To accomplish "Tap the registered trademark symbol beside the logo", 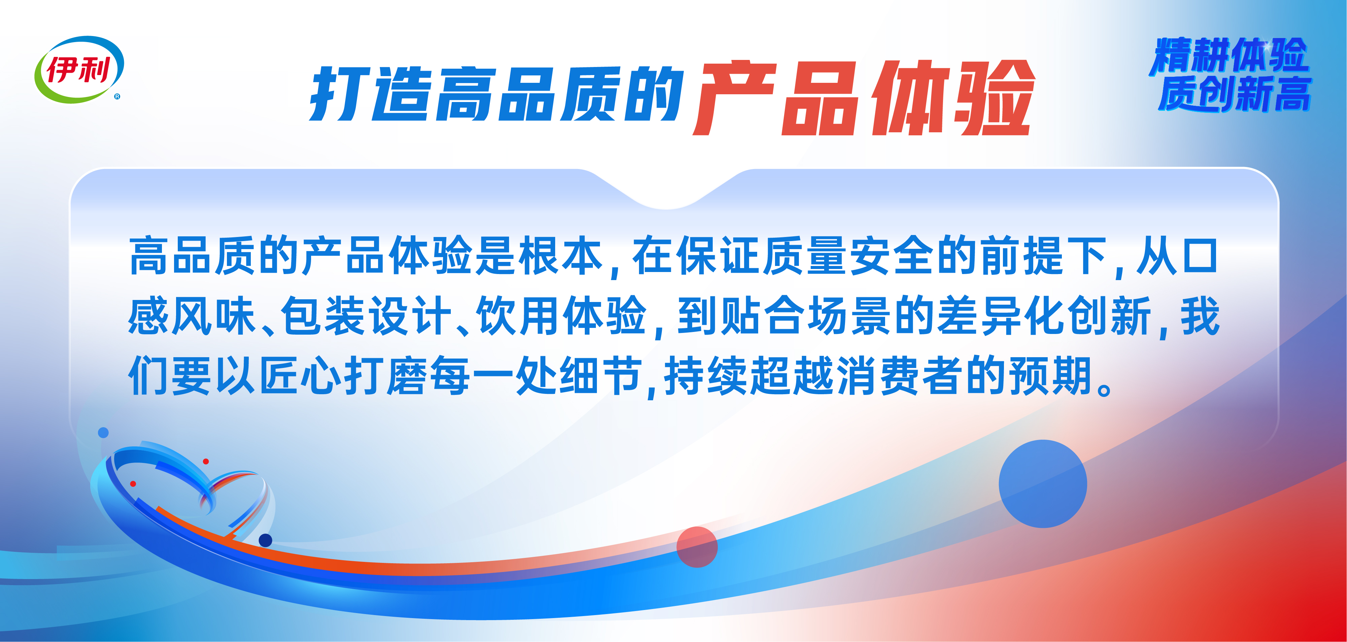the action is coord(117,96).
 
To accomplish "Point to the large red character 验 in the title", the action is coord(992,98).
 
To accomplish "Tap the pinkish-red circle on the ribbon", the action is coord(697,547).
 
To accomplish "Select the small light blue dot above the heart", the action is coord(104,432).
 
